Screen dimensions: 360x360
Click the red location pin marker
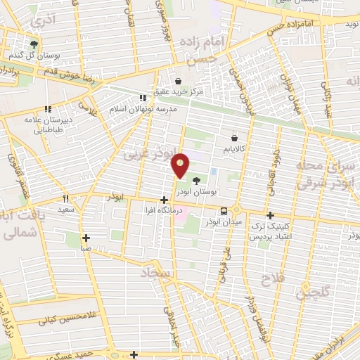[181, 165]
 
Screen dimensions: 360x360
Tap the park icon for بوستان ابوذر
[205, 181]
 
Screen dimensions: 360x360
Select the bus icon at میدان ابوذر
[224, 210]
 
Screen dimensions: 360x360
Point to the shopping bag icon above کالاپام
[233, 138]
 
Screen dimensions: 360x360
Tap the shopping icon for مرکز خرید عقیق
[178, 80]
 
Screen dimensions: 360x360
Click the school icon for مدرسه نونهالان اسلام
[143, 98]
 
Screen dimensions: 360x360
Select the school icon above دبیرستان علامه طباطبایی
[49, 109]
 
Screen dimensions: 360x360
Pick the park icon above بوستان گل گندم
[34, 44]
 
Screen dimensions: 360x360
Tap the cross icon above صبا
[86, 238]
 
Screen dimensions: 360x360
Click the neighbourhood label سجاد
[156, 271]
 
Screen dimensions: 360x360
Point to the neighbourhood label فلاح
[271, 279]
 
